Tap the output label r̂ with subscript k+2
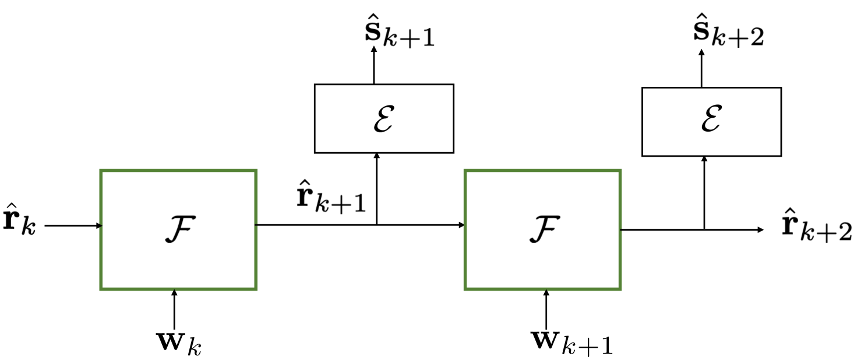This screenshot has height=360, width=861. click(816, 225)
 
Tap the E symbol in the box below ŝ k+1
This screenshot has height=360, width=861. click(383, 119)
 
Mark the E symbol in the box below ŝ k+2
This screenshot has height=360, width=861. click(711, 122)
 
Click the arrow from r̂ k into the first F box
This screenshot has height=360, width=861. click(73, 225)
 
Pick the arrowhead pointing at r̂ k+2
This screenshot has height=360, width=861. click(760, 230)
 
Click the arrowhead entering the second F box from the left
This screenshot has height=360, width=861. click(461, 225)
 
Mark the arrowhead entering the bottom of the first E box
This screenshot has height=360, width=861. click(377, 157)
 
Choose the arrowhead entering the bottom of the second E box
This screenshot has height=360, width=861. click(704, 160)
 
